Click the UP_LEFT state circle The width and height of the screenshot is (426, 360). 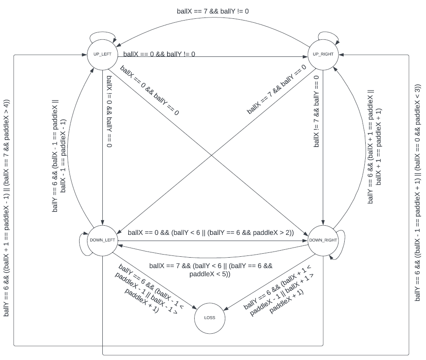[x=102, y=54]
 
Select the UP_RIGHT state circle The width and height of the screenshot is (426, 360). [x=323, y=54]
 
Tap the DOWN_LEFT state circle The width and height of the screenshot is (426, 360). [x=102, y=240]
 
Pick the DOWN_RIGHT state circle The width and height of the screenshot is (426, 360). [x=323, y=240]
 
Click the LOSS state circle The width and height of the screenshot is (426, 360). [x=210, y=318]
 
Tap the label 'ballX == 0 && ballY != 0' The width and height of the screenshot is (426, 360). [x=159, y=54]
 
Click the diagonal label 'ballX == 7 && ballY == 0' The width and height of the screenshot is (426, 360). [x=276, y=89]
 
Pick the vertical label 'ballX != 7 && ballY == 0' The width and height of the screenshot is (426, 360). [x=316, y=111]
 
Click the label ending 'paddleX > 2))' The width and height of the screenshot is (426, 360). [x=211, y=232]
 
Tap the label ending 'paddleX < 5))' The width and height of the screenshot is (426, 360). [x=211, y=270]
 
